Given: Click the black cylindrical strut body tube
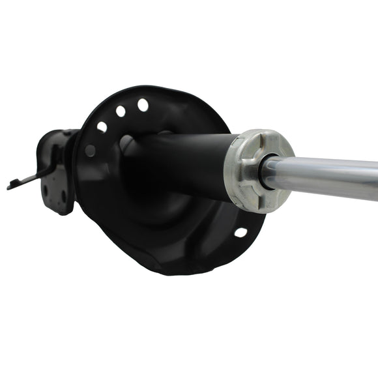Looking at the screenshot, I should click(x=182, y=163).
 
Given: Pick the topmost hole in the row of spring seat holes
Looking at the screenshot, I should click(x=143, y=104).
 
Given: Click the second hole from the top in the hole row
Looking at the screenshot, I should click(x=121, y=111).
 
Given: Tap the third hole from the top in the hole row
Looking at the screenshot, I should click(x=102, y=126).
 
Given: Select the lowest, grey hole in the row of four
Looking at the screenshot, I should click(x=91, y=150).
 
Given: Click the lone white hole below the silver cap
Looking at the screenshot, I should click(x=240, y=232).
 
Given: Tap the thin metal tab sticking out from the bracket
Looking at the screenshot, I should click(x=29, y=179).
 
